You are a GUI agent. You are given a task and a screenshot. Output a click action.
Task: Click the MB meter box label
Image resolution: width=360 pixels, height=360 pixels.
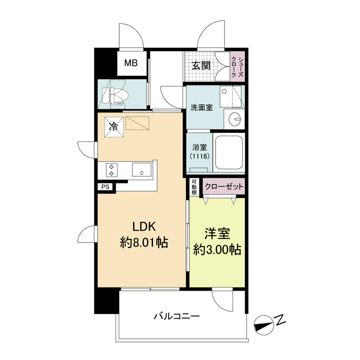click(x=131, y=63)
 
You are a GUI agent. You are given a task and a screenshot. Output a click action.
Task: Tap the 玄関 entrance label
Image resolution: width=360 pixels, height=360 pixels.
click(x=201, y=66)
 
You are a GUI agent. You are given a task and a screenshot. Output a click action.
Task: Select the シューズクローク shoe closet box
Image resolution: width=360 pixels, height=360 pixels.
click(x=238, y=67)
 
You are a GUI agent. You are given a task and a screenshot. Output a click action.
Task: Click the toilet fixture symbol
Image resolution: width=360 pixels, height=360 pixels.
click(x=114, y=95)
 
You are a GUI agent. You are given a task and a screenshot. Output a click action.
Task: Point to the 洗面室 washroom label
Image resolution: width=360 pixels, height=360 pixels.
click(x=202, y=108)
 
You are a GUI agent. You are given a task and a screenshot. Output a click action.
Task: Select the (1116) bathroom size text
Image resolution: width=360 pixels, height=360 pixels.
click(x=200, y=156)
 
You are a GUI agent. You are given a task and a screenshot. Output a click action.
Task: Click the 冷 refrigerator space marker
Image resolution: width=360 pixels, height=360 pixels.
click(x=114, y=127)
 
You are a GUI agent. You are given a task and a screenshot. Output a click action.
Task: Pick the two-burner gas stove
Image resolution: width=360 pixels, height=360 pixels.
click(x=112, y=170)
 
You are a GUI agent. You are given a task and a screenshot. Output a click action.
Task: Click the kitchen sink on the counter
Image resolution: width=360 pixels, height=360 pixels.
click(x=142, y=170)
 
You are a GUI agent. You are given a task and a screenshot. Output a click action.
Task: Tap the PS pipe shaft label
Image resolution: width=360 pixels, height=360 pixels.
click(x=105, y=187)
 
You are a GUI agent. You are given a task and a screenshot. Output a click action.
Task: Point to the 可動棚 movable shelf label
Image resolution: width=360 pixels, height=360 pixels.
click(x=194, y=187)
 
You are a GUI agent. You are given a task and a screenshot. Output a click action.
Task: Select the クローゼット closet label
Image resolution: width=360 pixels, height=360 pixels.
click(x=224, y=186)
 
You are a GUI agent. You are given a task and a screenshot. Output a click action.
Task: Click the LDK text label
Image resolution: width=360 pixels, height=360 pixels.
click(x=144, y=226)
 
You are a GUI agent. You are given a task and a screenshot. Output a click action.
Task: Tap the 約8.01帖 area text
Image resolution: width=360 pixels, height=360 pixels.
click(x=144, y=243)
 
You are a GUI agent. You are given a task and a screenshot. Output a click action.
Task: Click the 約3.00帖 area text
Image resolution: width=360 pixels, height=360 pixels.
click(x=217, y=250)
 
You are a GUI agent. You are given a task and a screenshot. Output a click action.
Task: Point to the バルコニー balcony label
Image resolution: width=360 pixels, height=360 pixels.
click(x=176, y=317)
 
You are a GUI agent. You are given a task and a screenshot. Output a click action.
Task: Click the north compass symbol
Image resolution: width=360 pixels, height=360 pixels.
click(x=264, y=325)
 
